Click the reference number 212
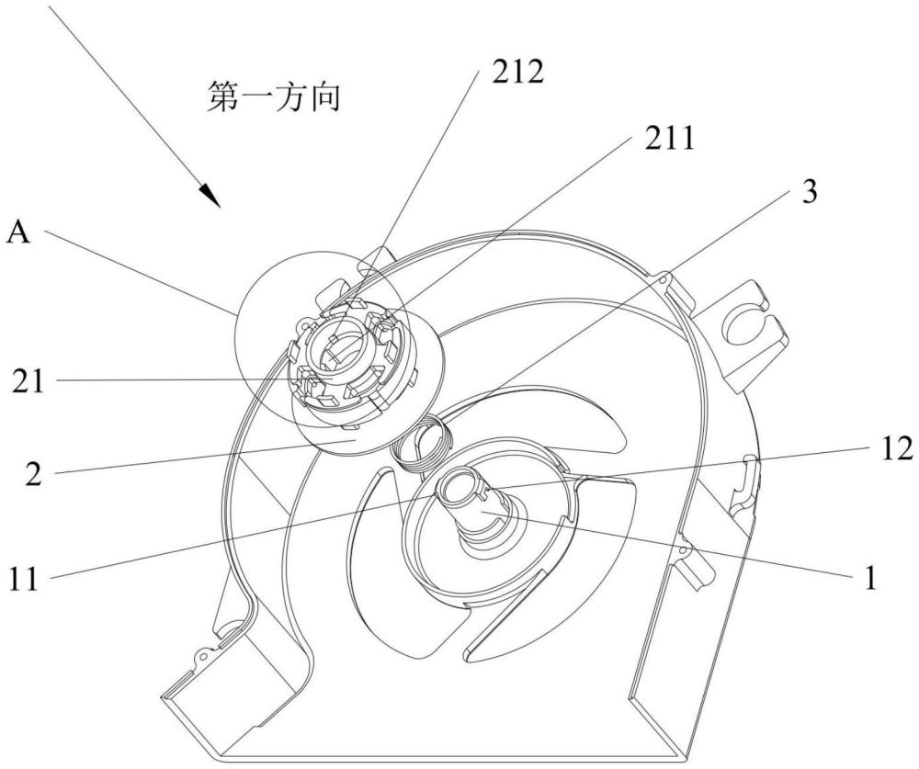coord(517,72)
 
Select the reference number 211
coord(669,140)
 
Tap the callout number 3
coord(810,191)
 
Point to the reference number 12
coord(896,448)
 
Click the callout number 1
coord(870,578)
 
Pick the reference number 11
coord(24,579)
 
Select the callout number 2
coord(34,473)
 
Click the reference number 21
coord(28,381)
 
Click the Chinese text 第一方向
coord(274,97)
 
